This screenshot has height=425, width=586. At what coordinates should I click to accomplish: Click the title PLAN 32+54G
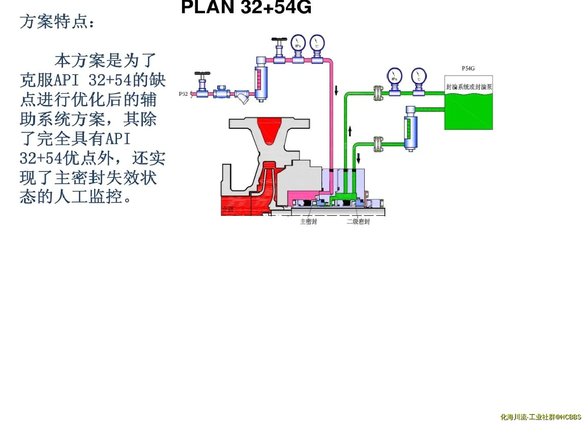click(246, 7)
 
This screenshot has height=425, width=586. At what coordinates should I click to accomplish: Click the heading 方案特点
click(57, 22)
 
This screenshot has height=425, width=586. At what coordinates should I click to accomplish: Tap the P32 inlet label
click(184, 94)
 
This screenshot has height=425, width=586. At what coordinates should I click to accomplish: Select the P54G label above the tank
click(468, 69)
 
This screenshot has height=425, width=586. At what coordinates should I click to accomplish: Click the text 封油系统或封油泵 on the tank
click(468, 87)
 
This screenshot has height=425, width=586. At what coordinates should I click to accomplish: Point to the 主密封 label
click(308, 222)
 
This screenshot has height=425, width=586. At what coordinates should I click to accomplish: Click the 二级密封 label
click(358, 222)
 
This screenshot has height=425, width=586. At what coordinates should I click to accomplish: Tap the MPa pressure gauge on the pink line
click(298, 44)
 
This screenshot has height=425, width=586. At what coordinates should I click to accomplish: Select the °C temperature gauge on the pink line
click(317, 44)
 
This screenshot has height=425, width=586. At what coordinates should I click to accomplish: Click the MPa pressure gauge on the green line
click(394, 76)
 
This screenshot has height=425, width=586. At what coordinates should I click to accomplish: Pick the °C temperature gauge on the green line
click(418, 76)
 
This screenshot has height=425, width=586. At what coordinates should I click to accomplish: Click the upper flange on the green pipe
click(377, 93)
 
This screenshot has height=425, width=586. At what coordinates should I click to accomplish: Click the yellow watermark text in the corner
click(541, 417)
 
